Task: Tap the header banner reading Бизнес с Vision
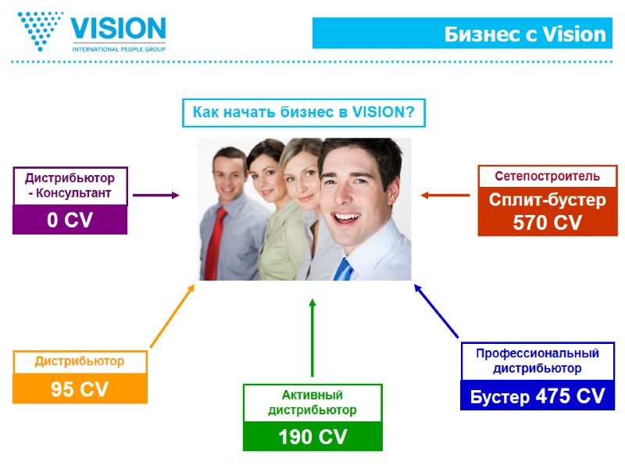pos(460,34)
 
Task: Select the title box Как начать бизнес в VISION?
pos(303,113)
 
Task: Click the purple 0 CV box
pos(70,220)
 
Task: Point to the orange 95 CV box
pos(80,388)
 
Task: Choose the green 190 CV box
pos(312,436)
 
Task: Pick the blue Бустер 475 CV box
pos(537,396)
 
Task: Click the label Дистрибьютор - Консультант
pos(70,186)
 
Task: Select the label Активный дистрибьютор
pos(312,403)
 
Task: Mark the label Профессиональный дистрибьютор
pos(537,361)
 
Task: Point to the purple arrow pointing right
pos(155,195)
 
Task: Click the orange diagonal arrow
pos(172,316)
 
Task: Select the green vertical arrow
pos(312,336)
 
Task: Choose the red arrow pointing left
pos(445,195)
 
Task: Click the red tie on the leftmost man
pos(220,238)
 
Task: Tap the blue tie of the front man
pos(343,269)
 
